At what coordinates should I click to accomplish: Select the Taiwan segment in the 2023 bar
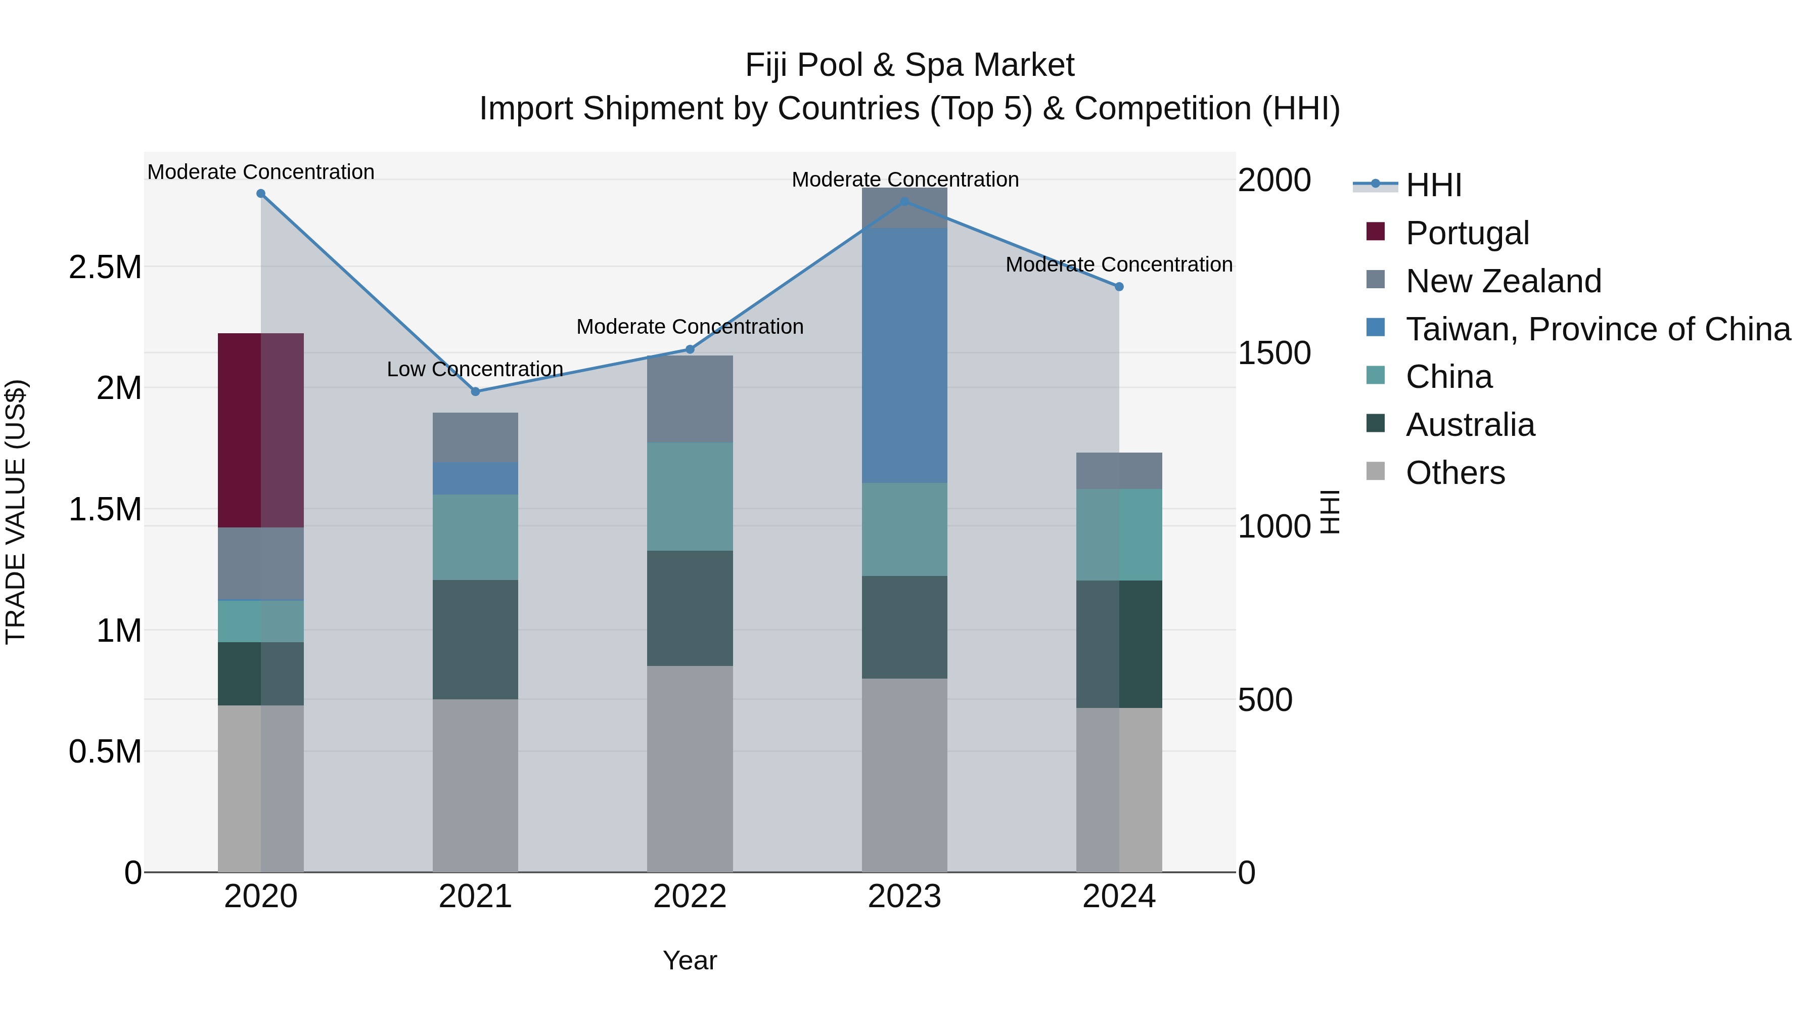(904, 355)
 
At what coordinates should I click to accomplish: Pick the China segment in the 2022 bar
(690, 496)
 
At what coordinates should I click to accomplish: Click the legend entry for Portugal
(1467, 233)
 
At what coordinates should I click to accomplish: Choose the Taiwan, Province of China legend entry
(1597, 329)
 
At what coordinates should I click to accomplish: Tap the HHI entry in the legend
(1433, 185)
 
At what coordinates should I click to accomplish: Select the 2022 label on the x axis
(690, 897)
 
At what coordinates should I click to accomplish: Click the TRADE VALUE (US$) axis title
(16, 512)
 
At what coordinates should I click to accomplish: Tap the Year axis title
(690, 960)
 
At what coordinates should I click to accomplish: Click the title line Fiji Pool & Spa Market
(909, 65)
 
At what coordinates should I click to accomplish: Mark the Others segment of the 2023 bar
(904, 775)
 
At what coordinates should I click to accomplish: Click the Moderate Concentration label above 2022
(690, 327)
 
